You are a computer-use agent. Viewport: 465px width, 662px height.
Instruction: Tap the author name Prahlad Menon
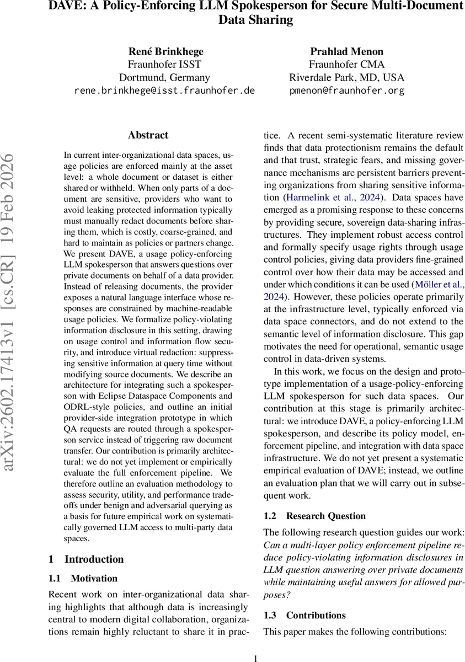pyautogui.click(x=347, y=52)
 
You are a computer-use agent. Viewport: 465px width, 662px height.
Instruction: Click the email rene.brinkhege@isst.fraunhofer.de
pyautogui.click(x=164, y=90)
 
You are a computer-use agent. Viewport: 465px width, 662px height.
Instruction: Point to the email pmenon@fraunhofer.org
pyautogui.click(x=347, y=90)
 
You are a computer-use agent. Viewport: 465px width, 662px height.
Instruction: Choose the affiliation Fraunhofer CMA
pyautogui.click(x=347, y=65)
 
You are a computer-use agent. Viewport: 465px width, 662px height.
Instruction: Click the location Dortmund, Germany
pyautogui.click(x=164, y=78)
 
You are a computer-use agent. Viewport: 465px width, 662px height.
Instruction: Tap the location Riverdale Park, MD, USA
pyautogui.click(x=347, y=78)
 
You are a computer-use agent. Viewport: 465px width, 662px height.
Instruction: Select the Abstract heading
pyautogui.click(x=148, y=135)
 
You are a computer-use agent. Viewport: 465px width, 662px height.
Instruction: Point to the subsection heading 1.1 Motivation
pyautogui.click(x=83, y=579)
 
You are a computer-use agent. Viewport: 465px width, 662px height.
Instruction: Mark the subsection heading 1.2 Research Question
pyautogui.click(x=314, y=516)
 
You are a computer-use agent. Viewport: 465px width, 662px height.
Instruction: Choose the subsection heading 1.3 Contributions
pyautogui.click(x=304, y=616)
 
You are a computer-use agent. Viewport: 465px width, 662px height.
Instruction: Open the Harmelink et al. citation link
pyautogui.click(x=311, y=197)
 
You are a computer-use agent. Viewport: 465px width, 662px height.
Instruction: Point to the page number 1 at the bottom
pyautogui.click(x=255, y=658)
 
